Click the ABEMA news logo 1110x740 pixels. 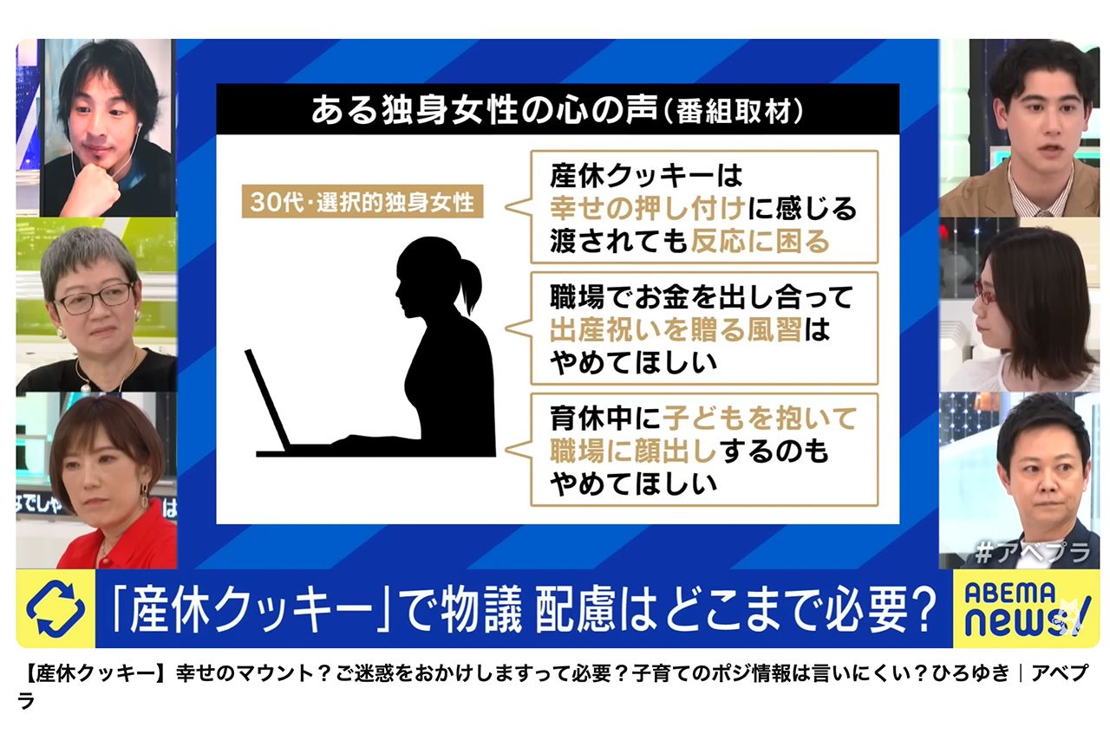[1026, 608]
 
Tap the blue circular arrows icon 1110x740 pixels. [55, 609]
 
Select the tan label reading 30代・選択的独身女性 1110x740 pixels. [362, 203]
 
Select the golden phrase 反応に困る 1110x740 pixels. [760, 240]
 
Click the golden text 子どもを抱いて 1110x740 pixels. [760, 419]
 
